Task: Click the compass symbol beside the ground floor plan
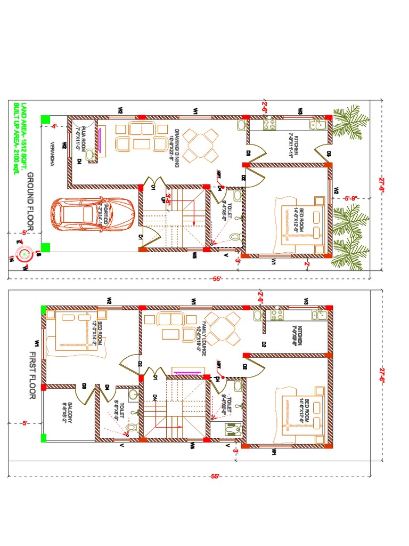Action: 24,254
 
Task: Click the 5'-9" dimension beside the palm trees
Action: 350,199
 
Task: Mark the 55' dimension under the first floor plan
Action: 215,476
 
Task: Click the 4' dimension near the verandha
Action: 54,126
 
